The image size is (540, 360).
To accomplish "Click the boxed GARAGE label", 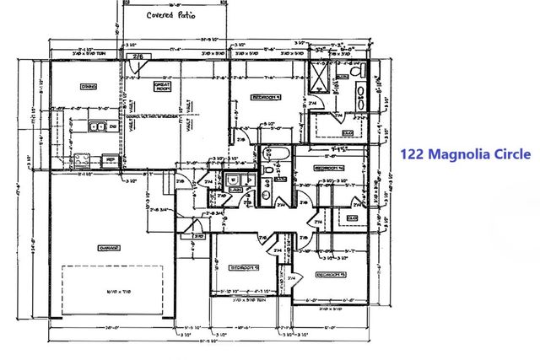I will tap(109, 247).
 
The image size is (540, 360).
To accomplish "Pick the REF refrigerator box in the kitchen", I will tap(110, 159).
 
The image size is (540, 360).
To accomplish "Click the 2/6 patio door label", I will tap(137, 56).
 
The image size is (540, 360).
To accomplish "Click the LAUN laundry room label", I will tap(235, 189).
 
